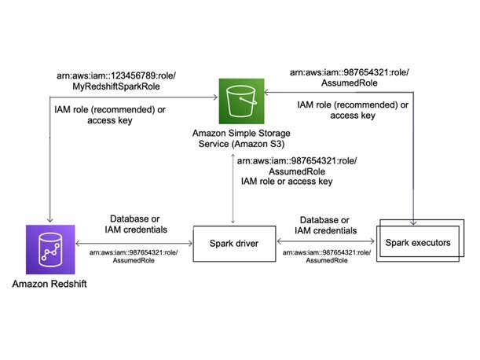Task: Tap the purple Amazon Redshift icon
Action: click(x=49, y=249)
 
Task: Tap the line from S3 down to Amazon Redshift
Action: click(x=49, y=157)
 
